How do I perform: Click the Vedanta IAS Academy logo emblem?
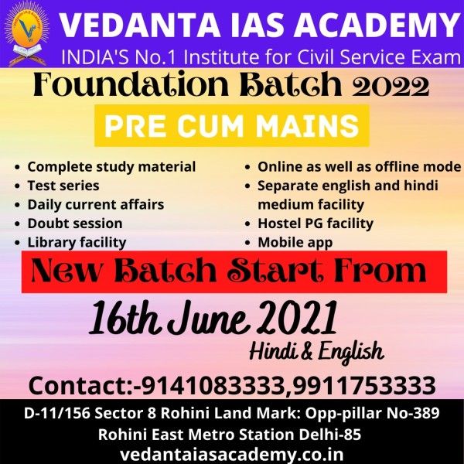click(x=28, y=33)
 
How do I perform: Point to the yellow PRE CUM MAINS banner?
click(x=232, y=125)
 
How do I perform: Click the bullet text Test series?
click(x=63, y=186)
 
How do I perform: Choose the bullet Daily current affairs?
click(x=96, y=205)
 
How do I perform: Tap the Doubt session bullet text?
click(x=75, y=223)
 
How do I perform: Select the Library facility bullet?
click(x=77, y=243)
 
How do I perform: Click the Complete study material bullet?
click(x=111, y=167)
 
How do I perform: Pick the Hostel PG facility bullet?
click(x=316, y=223)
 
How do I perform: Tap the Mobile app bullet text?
click(x=295, y=243)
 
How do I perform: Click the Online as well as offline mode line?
click(x=360, y=167)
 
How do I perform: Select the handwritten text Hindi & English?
click(x=316, y=352)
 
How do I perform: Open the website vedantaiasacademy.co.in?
click(x=232, y=454)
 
